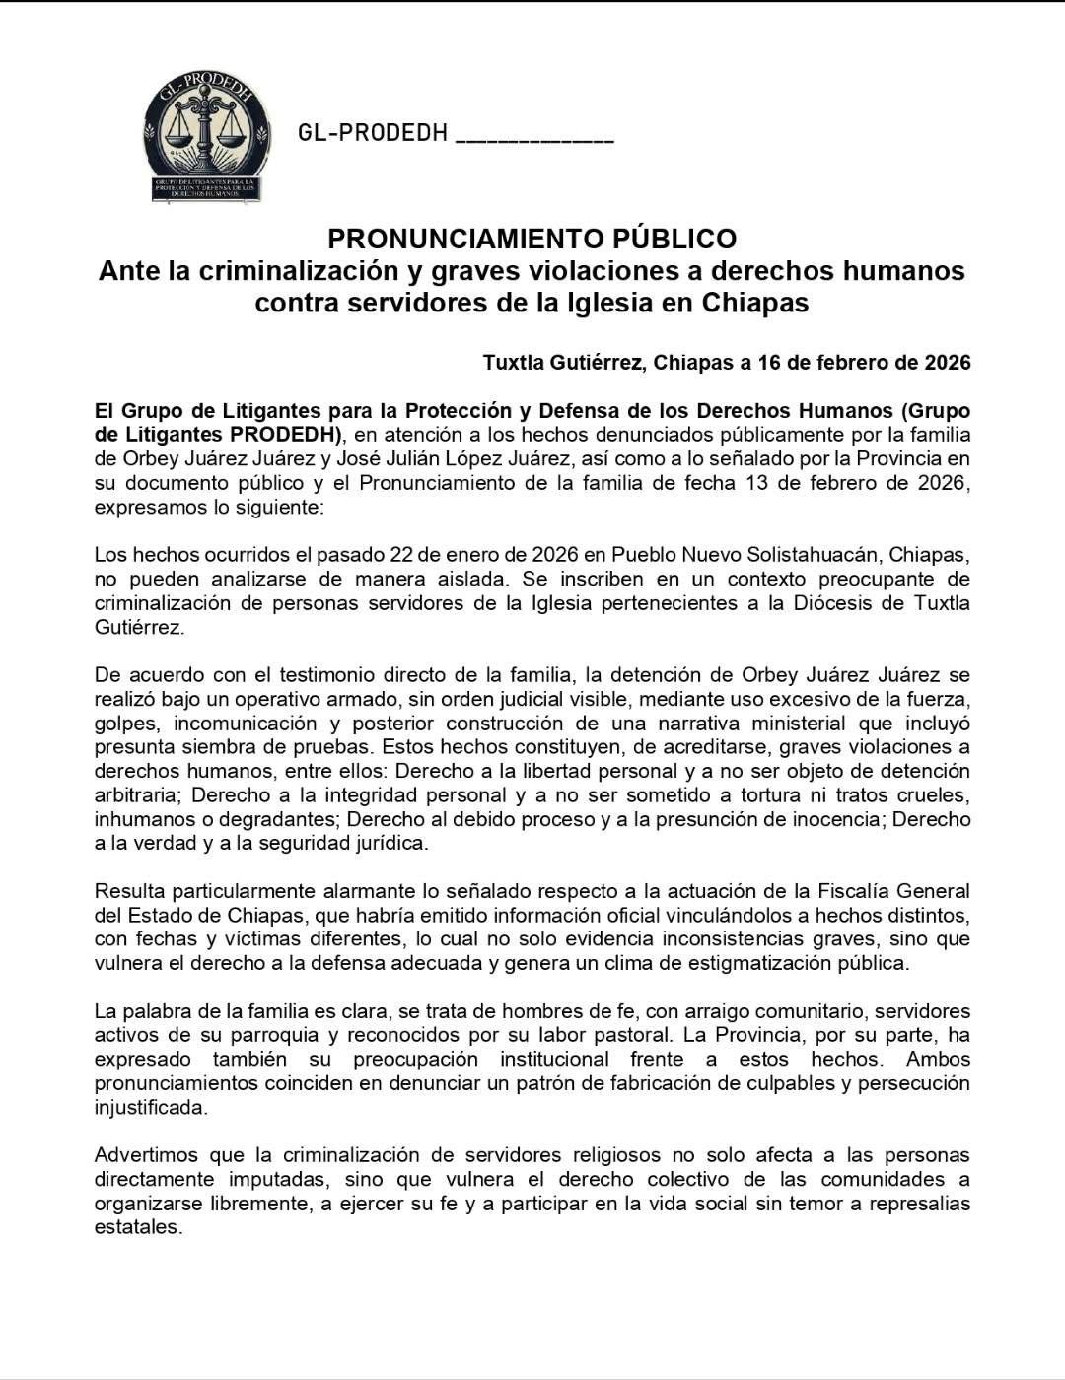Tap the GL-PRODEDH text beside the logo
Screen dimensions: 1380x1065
373,132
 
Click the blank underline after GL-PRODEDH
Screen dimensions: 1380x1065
535,138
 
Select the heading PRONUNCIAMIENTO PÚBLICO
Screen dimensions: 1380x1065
532,239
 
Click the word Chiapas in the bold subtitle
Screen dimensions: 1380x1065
755,302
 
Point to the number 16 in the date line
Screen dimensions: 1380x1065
771,362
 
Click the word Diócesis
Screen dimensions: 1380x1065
836,602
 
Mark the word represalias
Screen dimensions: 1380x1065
916,1203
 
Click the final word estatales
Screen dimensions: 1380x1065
138,1227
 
